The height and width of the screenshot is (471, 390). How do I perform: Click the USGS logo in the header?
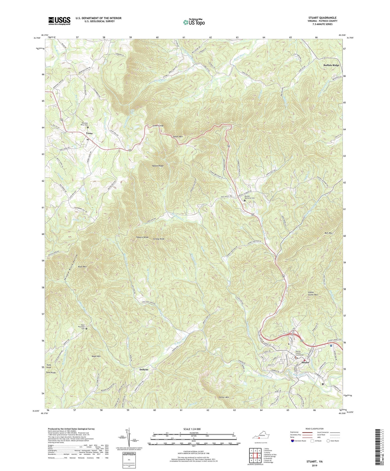59,21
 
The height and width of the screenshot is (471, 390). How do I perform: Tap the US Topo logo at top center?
194,22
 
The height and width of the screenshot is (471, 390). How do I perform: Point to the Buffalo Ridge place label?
331,65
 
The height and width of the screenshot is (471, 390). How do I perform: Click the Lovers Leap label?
158,126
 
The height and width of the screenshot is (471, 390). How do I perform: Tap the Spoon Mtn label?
178,137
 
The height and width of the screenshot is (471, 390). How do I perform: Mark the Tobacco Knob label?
142,237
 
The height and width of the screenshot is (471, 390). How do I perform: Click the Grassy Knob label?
159,239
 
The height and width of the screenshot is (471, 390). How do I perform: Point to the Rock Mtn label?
82,267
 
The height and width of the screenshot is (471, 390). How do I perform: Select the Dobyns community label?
144,369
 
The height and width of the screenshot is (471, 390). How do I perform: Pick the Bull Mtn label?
328,233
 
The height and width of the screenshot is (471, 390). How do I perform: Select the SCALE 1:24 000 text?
193,429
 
